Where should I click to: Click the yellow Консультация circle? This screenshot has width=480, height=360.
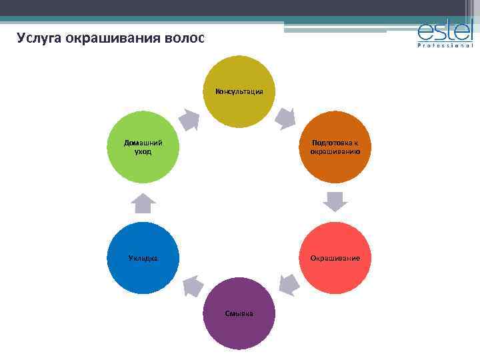click(x=239, y=91)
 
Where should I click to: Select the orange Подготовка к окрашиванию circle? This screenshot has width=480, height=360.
click(x=335, y=147)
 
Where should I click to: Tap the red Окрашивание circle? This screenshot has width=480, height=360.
click(x=335, y=258)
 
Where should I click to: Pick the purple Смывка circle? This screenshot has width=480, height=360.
click(x=239, y=313)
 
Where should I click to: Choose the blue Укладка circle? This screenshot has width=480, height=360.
click(x=143, y=258)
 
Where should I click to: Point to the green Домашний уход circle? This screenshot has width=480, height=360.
click(x=143, y=147)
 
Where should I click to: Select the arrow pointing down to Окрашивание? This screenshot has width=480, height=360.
click(x=335, y=202)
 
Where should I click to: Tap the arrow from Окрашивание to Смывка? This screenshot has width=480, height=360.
click(x=288, y=285)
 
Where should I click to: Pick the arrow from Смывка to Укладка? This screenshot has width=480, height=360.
click(x=193, y=285)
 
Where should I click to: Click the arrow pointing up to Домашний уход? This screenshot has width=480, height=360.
click(x=143, y=203)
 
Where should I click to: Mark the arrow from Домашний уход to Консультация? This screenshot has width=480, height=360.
click(x=189, y=119)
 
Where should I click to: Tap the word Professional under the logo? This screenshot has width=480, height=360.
click(x=445, y=46)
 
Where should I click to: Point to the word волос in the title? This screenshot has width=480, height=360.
click(x=184, y=37)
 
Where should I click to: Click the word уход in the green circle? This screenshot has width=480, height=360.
click(x=143, y=151)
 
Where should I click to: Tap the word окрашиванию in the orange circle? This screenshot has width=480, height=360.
click(x=335, y=151)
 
